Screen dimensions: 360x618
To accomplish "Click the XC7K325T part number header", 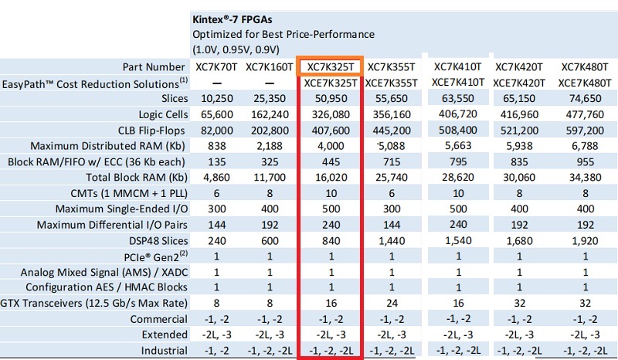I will pos(330,67).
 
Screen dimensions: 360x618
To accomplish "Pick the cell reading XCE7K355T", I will pos(392,83).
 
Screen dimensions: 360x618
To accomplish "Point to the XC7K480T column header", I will pos(586,67).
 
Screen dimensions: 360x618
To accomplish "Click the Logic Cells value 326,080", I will pos(330,114).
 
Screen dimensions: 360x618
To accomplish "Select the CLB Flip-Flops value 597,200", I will pos(586,129).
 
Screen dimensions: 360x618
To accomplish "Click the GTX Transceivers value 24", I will pos(392,302).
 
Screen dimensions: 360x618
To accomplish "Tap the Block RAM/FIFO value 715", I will pos(392,161).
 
